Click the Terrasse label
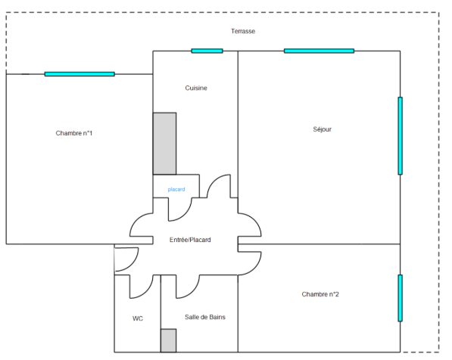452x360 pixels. pyautogui.click(x=243, y=31)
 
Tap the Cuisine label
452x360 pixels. pyautogui.click(x=196, y=88)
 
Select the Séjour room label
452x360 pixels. pyautogui.click(x=322, y=129)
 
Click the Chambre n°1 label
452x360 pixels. pyautogui.click(x=73, y=133)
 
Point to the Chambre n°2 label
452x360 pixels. pyautogui.click(x=320, y=294)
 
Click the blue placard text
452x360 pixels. pyautogui.click(x=176, y=189)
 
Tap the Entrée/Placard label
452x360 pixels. pyautogui.click(x=190, y=240)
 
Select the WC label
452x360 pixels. pyautogui.click(x=138, y=318)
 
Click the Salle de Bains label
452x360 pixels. pyautogui.click(x=205, y=317)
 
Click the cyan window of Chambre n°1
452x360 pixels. pyautogui.click(x=79, y=74)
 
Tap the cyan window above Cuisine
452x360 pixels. pyautogui.click(x=207, y=51)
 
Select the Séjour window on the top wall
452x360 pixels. pyautogui.click(x=319, y=51)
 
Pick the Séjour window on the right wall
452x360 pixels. pyautogui.click(x=400, y=135)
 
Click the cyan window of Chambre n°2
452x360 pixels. pyautogui.click(x=400, y=298)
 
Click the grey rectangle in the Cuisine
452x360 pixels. pyautogui.click(x=164, y=144)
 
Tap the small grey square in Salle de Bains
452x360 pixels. pyautogui.click(x=168, y=340)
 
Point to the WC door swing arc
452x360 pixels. pyautogui.click(x=146, y=292)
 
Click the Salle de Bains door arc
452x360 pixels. pyautogui.click(x=193, y=292)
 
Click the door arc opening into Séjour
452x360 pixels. pyautogui.click(x=254, y=220)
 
